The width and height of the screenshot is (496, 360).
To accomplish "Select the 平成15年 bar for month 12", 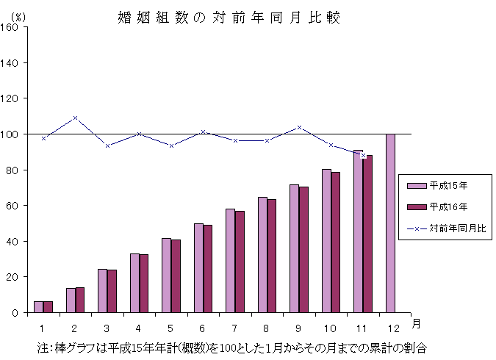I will coord(390,223).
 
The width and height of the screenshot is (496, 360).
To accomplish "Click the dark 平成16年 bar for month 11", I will coord(367,234).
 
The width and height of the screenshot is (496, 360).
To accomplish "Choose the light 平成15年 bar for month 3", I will coord(102,290).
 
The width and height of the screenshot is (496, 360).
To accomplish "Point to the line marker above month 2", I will coord(75,118).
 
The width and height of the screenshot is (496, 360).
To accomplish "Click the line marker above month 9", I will coord(299,127).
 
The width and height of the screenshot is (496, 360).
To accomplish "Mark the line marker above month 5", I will coord(171,145).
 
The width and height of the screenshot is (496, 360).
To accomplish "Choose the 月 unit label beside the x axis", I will coord(416,323).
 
